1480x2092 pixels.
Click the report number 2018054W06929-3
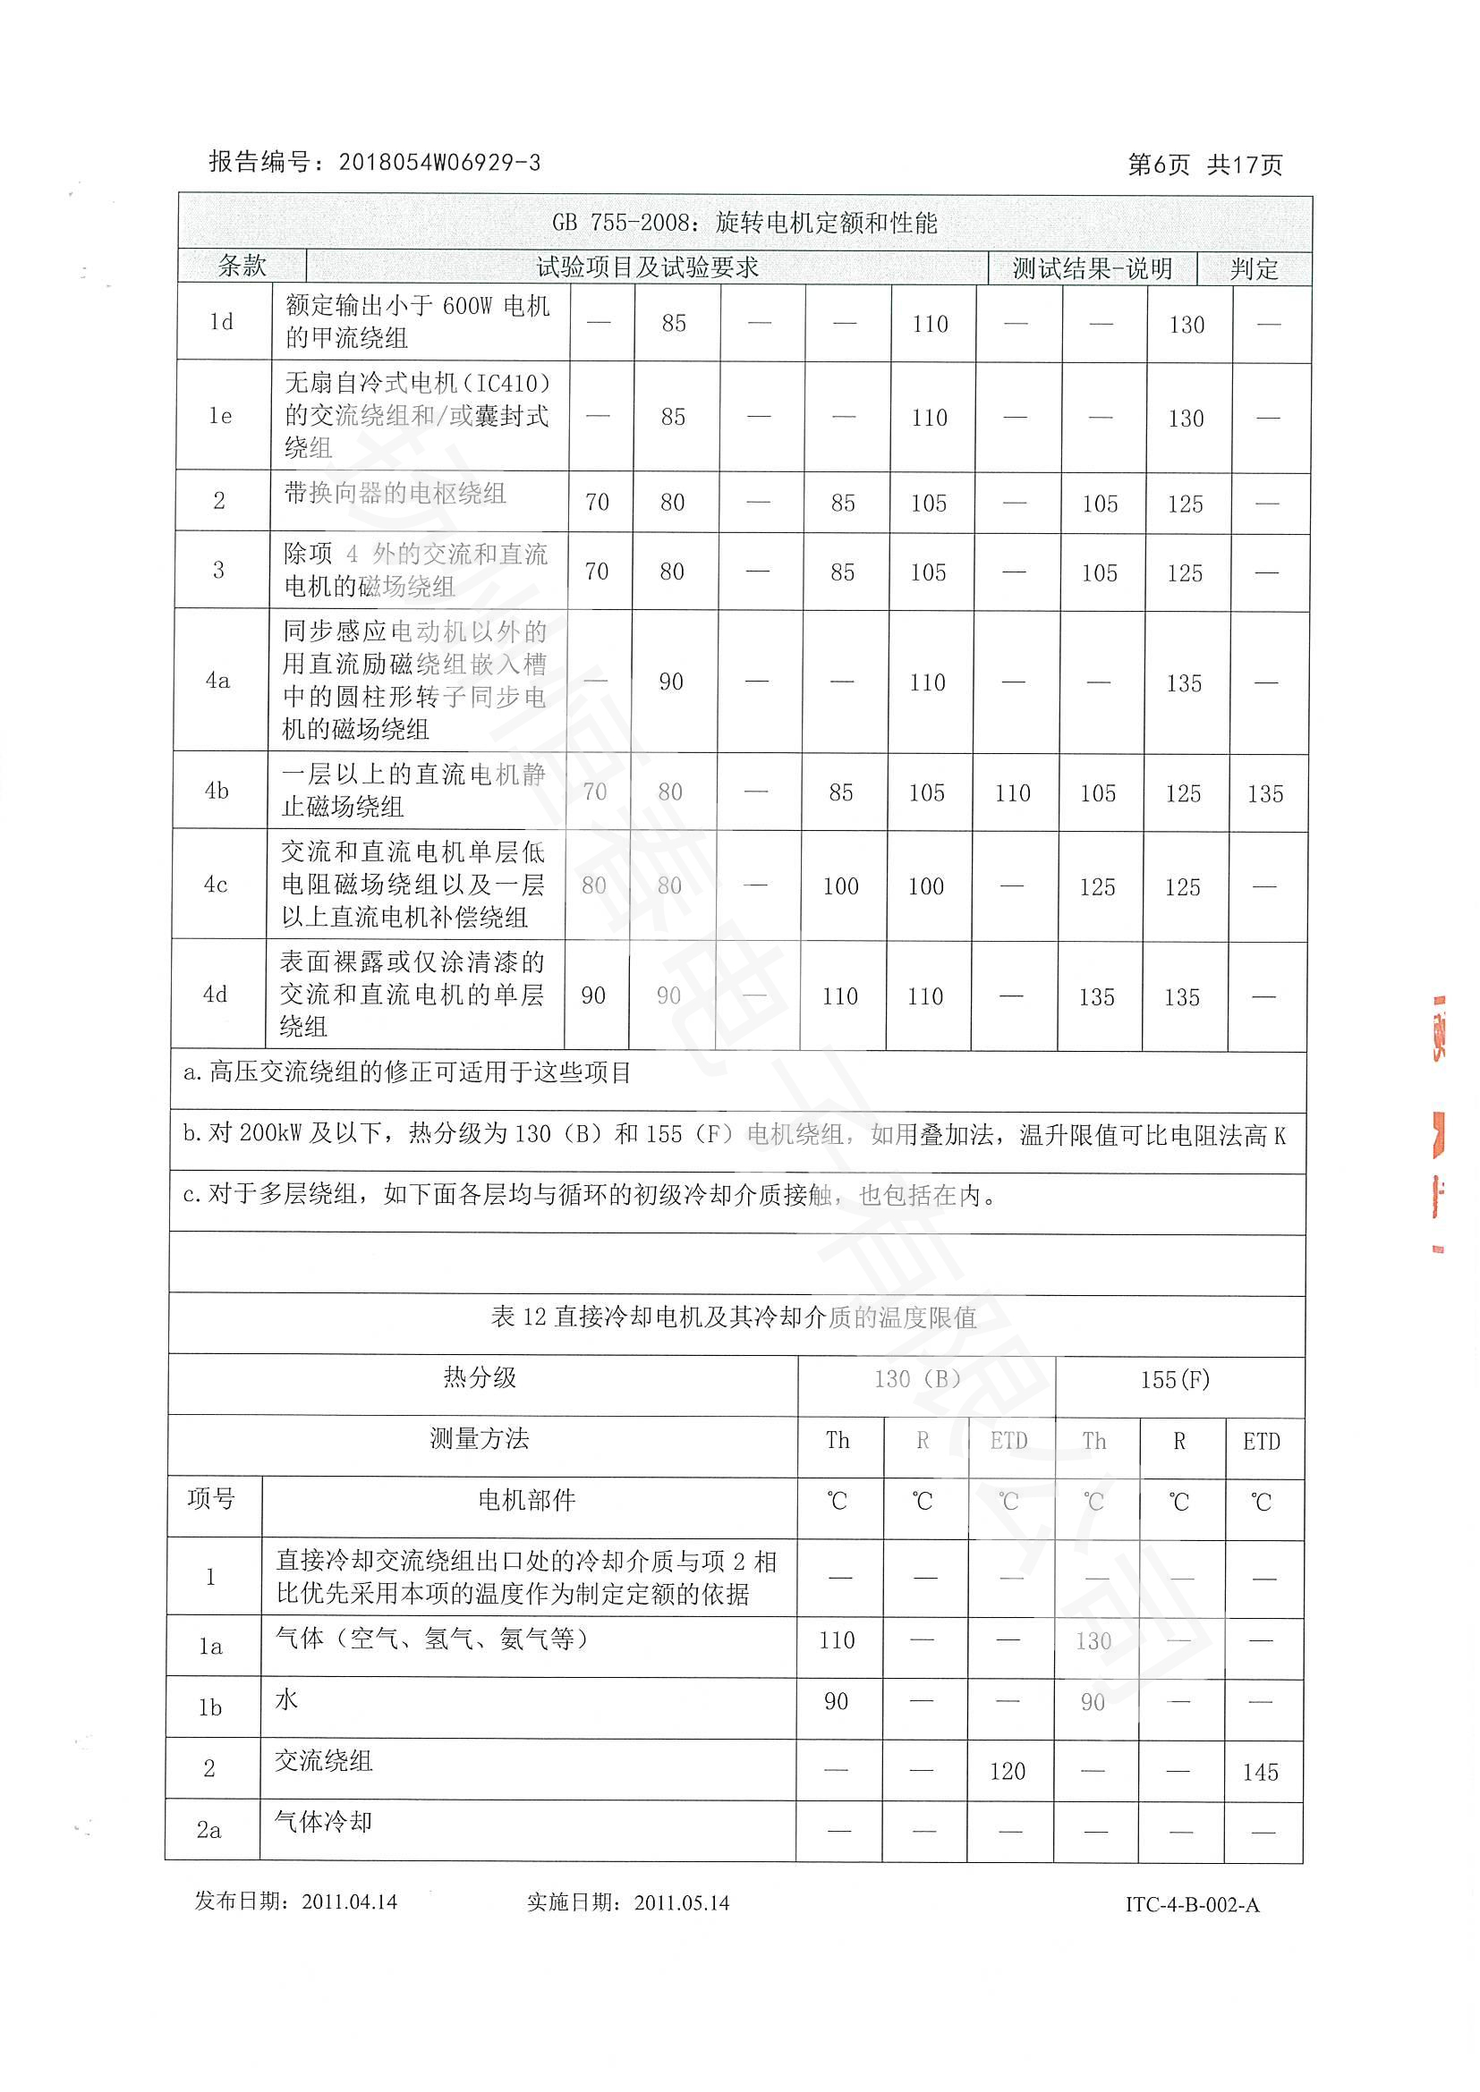click(x=439, y=163)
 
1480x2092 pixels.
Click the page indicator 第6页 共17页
click(x=1204, y=165)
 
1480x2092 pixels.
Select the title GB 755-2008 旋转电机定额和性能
click(x=744, y=224)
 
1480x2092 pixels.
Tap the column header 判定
click(x=1254, y=269)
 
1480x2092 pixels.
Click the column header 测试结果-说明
click(x=1091, y=269)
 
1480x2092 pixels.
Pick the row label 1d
click(x=220, y=322)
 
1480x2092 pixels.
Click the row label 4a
click(x=217, y=681)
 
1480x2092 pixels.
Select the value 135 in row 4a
click(x=1184, y=683)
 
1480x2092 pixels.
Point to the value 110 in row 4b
click(x=1012, y=793)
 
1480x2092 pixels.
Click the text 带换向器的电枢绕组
click(x=395, y=494)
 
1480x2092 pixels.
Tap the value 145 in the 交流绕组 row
click(x=1260, y=1772)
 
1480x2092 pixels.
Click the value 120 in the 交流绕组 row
click(x=1007, y=1771)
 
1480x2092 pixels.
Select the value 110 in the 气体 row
click(x=837, y=1641)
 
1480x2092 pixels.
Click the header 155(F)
click(x=1175, y=1380)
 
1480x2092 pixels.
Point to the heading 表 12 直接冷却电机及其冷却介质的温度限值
click(x=734, y=1317)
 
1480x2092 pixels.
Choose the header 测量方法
click(x=480, y=1439)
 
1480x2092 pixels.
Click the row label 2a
click(x=208, y=1830)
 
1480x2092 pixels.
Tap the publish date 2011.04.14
click(x=349, y=1902)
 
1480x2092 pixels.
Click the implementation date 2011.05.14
click(x=682, y=1903)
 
